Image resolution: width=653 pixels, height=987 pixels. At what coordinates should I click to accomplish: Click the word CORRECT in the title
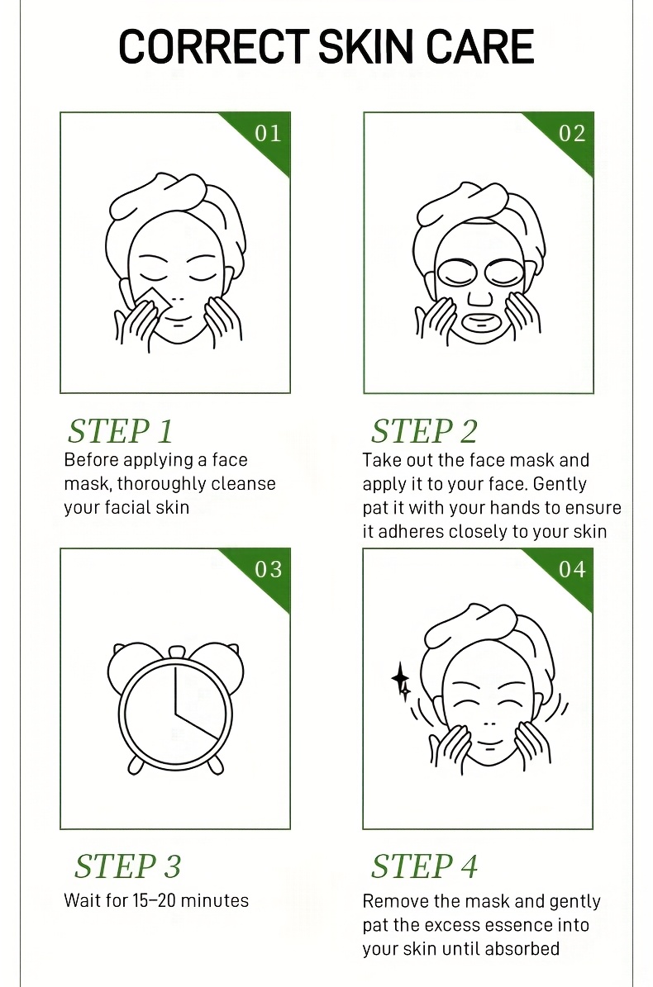coord(213,46)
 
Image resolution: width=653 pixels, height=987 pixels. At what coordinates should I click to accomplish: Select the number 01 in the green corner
coord(268,134)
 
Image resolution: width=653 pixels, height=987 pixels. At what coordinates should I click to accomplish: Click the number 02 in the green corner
coord(572,134)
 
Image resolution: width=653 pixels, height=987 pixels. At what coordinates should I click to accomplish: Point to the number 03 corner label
coord(269,570)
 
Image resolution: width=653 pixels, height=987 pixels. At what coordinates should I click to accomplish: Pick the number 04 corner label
coord(572,570)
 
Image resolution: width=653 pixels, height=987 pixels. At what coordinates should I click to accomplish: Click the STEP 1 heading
coord(121,431)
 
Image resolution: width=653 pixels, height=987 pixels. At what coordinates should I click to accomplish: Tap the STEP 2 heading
coord(424,431)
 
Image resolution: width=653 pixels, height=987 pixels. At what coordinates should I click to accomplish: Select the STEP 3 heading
coord(128,866)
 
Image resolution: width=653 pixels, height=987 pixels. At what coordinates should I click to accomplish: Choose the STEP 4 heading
coord(424,866)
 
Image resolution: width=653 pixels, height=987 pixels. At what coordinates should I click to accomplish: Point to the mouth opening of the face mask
coord(480,324)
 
